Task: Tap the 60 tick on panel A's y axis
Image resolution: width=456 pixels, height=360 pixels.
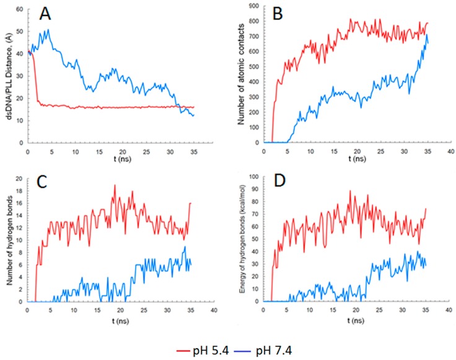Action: [20, 9]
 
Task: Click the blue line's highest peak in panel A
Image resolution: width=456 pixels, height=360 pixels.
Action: [47, 29]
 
